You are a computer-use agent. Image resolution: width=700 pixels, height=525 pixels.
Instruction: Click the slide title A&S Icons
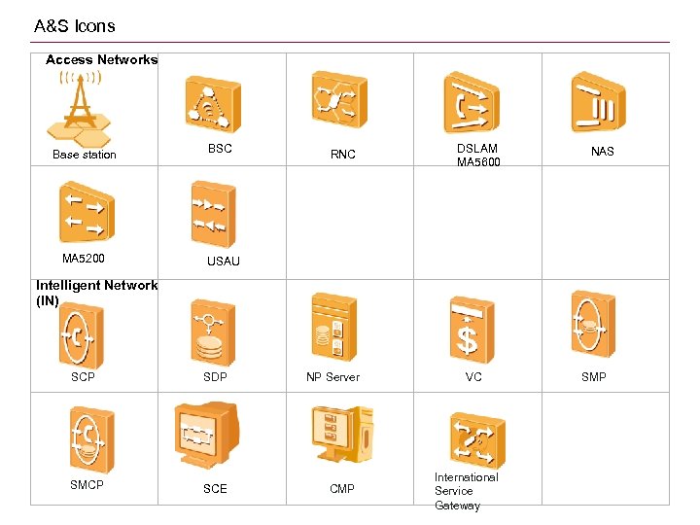74,26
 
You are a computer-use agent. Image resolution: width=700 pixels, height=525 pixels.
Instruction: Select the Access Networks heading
101,60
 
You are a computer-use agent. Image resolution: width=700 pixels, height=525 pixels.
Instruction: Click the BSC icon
213,104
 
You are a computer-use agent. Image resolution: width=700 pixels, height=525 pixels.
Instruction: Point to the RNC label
342,155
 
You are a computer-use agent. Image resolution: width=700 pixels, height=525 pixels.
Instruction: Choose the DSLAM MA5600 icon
471,101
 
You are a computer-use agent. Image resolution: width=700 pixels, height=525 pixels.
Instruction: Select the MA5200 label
84,259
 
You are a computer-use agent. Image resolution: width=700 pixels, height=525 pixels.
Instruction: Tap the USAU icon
213,213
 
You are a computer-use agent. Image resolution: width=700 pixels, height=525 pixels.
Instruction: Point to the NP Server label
332,377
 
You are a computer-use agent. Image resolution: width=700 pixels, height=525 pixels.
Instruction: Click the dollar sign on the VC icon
468,341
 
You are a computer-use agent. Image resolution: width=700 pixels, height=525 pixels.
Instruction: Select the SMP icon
591,327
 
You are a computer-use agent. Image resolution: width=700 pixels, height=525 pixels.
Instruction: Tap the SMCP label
87,484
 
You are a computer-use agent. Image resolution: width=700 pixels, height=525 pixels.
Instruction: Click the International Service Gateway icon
477,439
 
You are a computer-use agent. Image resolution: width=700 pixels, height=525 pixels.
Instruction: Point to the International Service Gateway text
466,491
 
